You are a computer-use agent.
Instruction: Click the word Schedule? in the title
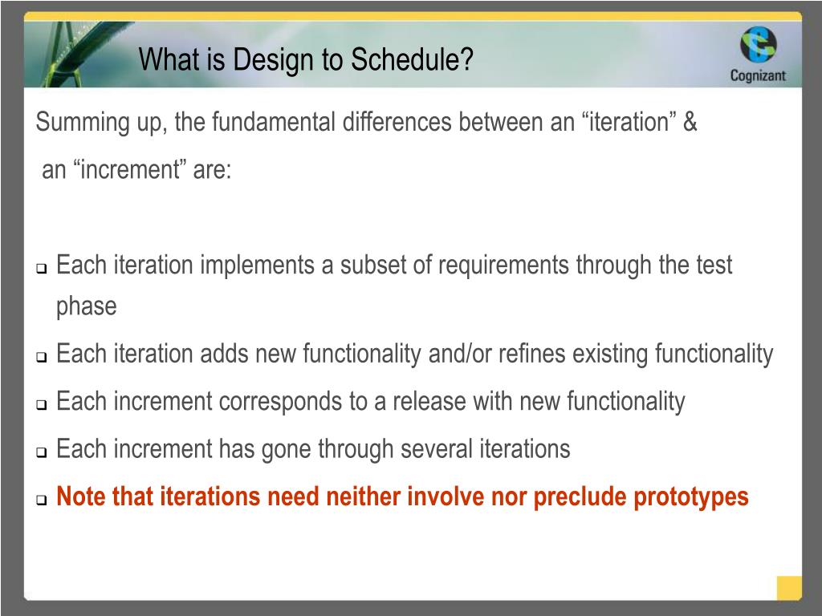tap(412, 59)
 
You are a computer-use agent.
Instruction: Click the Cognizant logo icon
tap(758, 45)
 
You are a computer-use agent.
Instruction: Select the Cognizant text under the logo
tap(758, 75)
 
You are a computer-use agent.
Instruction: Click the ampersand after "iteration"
tap(690, 122)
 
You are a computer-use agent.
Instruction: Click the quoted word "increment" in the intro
tap(129, 169)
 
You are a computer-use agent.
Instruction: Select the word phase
tap(87, 306)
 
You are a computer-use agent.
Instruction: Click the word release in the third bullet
tap(429, 401)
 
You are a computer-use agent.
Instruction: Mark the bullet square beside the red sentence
tap(42, 499)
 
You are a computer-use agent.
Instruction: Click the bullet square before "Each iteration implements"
tap(42, 268)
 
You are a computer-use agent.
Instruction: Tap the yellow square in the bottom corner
tap(789, 588)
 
